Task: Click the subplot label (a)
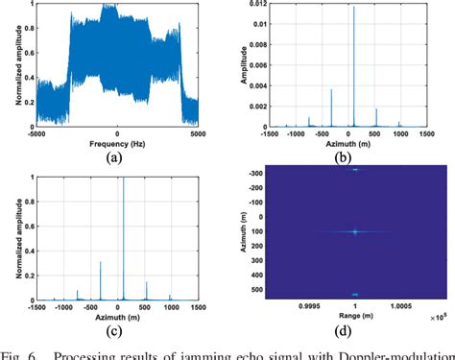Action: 116,158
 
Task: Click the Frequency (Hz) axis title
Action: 116,143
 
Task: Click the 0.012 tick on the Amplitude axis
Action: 258,6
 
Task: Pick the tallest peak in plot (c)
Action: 124,180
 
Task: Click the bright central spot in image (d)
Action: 354,231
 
